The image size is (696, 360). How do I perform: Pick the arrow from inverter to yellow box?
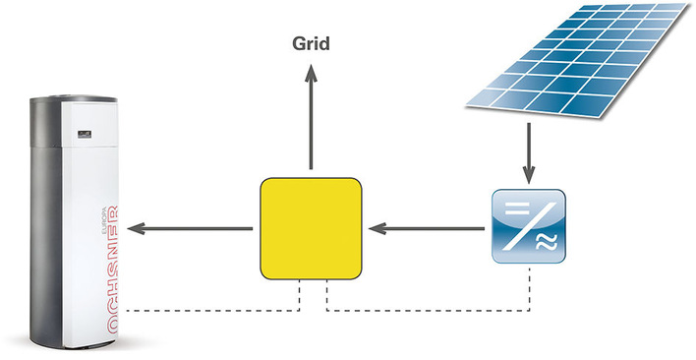pyautogui.click(x=429, y=229)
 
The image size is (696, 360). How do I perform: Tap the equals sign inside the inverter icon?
pyautogui.click(x=510, y=209)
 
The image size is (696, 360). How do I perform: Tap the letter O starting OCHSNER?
pyautogui.click(x=110, y=328)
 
